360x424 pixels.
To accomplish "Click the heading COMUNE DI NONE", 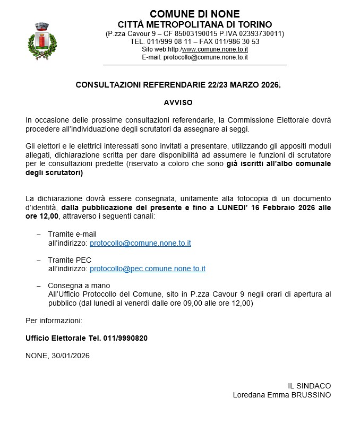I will tap(194, 14).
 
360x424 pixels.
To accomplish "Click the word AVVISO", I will tap(178, 102).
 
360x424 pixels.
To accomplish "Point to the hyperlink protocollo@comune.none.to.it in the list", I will tap(140, 243).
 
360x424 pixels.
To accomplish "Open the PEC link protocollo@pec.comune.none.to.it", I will tap(148, 269).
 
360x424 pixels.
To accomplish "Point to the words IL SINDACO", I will tap(309, 386).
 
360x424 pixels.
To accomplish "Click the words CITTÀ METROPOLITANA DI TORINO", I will tap(194, 24).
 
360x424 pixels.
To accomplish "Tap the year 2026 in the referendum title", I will tap(270, 85).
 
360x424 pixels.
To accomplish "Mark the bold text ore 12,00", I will tap(42, 216).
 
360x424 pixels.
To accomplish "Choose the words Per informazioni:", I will tap(54, 321).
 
